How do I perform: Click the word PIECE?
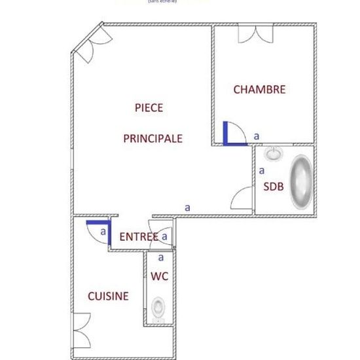pos(149,107)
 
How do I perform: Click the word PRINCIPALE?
pos(153,139)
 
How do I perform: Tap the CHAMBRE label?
pos(259,90)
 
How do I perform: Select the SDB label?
pos(274,186)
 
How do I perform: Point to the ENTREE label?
pos(139,236)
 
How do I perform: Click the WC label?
pos(160,276)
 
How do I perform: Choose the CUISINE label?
pos(108,296)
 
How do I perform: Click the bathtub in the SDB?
pos(302,182)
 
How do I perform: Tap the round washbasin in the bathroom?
pos(273,154)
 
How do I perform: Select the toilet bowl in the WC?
pos(158,306)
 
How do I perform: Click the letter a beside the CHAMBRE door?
pos(256,135)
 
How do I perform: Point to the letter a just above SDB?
pos(262,170)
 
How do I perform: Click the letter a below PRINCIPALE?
pos(187,206)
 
